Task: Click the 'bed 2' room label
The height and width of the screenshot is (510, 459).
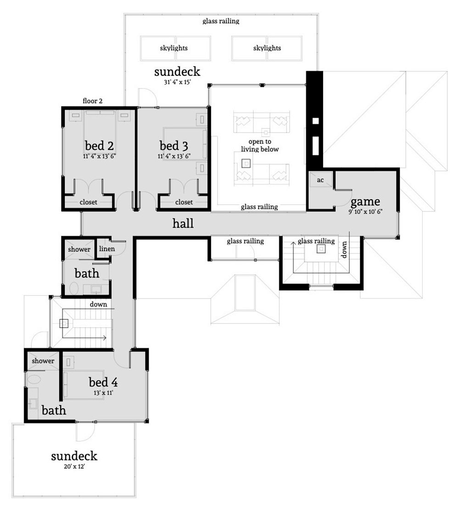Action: pos(99,146)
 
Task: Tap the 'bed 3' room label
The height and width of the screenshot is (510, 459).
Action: pos(174,146)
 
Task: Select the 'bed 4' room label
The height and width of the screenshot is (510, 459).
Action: pos(105,382)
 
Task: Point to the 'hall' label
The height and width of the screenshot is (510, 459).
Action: pos(183,224)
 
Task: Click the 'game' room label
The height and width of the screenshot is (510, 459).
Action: pos(365,202)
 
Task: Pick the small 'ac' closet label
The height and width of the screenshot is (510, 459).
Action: pos(320,180)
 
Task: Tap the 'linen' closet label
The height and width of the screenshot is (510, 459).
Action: pos(106,249)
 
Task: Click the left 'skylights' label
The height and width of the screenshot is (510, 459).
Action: pos(174,48)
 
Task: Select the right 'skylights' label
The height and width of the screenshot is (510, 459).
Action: pos(267,48)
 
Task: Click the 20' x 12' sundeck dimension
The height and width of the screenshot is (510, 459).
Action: pos(74,467)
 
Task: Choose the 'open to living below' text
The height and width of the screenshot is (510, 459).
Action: pos(260,146)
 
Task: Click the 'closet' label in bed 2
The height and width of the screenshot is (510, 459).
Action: pos(88,202)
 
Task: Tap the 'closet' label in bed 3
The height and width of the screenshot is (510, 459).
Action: pos(184,202)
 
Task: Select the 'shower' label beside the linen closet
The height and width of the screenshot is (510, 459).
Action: pos(79,249)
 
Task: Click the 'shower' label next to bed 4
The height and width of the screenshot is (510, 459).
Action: pos(43,361)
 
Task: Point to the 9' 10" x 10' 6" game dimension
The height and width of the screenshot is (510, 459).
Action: pos(365,212)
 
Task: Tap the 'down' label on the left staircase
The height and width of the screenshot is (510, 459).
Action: pos(98,304)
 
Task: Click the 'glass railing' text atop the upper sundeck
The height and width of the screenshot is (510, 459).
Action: pos(221,21)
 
